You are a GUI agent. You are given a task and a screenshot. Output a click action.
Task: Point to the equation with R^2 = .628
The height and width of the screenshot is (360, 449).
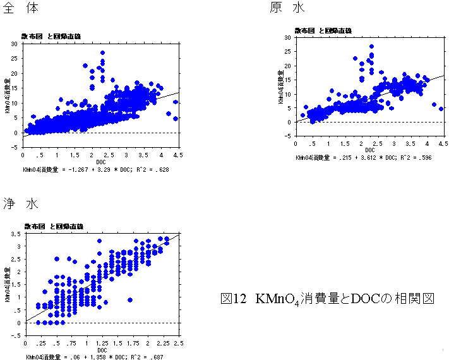[95, 170]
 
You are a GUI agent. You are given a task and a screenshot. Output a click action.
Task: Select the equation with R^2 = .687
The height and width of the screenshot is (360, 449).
[95, 357]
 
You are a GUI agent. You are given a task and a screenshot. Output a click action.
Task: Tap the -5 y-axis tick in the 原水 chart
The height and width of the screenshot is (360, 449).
[288, 136]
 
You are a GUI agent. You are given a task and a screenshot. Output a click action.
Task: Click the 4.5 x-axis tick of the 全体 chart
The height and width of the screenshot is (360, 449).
[179, 154]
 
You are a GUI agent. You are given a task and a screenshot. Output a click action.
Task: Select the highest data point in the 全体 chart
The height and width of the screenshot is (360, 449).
[102, 53]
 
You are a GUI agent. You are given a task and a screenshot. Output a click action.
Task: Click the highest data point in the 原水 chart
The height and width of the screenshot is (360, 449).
[372, 46]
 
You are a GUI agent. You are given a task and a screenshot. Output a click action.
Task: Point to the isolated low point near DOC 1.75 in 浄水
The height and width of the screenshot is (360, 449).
[129, 300]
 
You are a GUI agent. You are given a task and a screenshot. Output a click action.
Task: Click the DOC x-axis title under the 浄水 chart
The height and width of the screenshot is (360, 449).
[102, 350]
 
